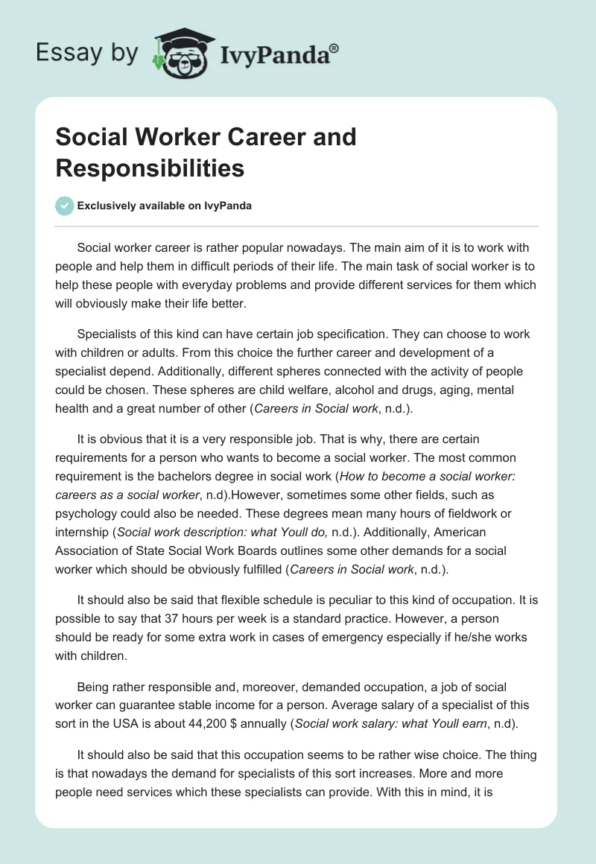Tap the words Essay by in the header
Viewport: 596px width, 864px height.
pyautogui.click(x=88, y=53)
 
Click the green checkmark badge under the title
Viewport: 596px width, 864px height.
pyautogui.click(x=65, y=206)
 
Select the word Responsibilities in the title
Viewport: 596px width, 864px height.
pyautogui.click(x=150, y=168)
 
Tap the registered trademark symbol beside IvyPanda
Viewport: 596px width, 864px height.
pyautogui.click(x=335, y=48)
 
